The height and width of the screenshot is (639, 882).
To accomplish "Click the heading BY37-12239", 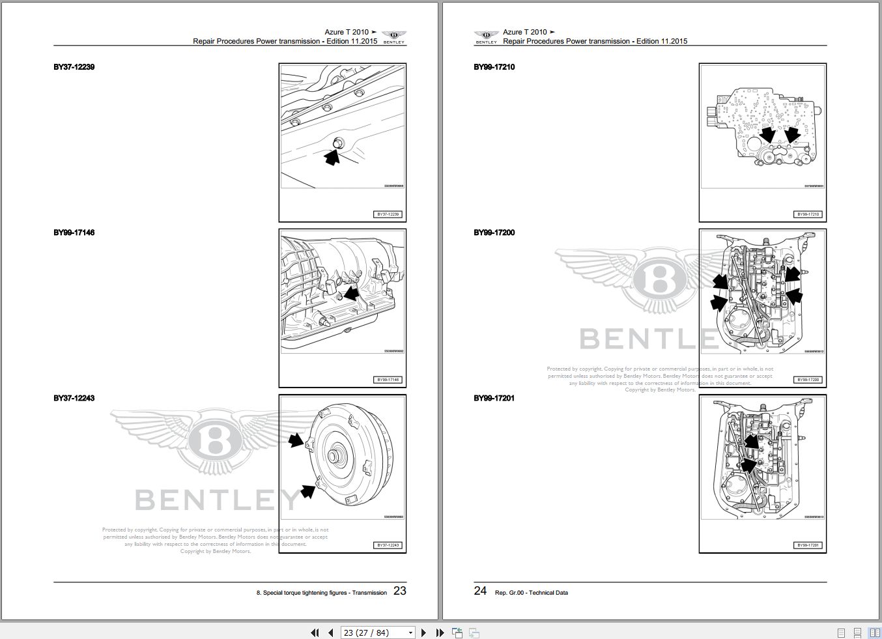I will [74, 67].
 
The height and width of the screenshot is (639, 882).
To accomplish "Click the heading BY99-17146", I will [74, 233].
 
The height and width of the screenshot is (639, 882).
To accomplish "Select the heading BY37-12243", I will [74, 398].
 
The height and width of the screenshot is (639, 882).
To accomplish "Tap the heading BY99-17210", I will [494, 67].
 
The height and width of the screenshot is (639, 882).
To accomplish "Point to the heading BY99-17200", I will [494, 233].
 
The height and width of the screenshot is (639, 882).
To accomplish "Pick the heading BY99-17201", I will [494, 398].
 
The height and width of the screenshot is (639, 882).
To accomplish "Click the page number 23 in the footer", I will [399, 591].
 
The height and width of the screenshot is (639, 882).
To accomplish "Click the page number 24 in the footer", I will [480, 591].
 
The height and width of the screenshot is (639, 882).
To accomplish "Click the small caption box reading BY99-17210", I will [808, 214].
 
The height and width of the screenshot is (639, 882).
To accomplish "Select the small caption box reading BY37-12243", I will [388, 545].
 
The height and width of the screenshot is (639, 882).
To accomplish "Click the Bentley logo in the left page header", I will [393, 36].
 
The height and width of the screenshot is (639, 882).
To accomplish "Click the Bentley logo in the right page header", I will [486, 36].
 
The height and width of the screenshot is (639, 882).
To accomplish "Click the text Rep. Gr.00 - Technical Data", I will [531, 593].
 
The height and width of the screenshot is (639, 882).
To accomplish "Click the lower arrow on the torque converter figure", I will [308, 490].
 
